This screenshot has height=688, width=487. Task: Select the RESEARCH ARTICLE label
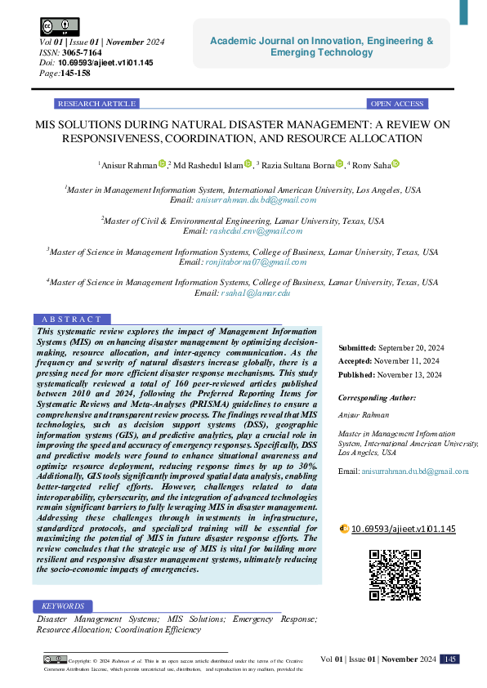tap(96, 104)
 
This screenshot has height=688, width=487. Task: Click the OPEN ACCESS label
tap(397, 104)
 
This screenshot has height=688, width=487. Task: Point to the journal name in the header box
tap(322, 47)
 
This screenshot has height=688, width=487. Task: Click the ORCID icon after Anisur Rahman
tap(162, 164)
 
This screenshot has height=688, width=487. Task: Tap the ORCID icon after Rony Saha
tap(395, 164)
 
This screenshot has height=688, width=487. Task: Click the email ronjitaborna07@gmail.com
tap(254, 262)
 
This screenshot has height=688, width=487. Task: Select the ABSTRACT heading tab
tap(73, 319)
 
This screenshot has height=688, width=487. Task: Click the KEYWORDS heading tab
tap(63, 606)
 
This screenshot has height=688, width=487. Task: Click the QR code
tap(395, 574)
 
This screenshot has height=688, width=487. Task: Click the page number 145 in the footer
tap(449, 659)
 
